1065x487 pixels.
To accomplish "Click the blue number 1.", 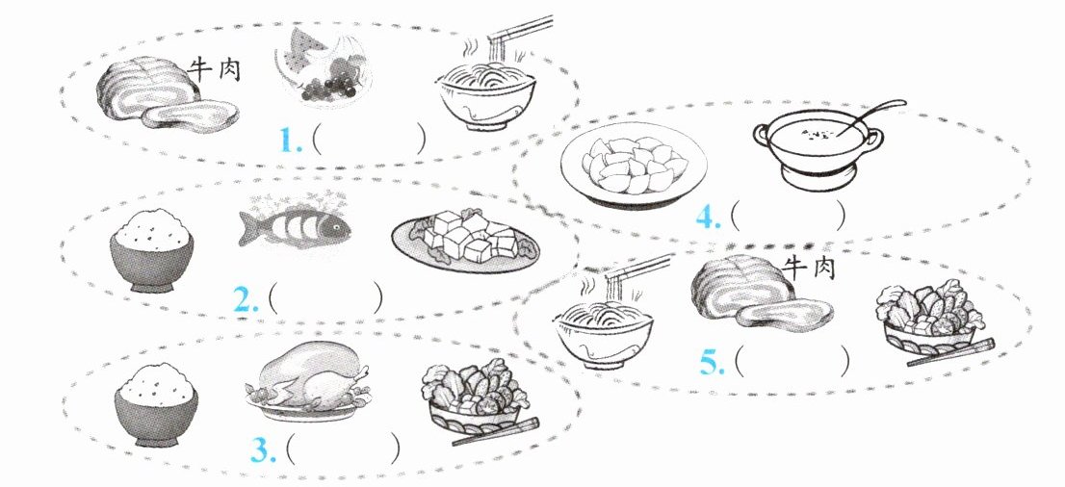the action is [291, 140].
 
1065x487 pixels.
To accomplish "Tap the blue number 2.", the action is [247, 299].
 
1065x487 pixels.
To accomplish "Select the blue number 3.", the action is [263, 449].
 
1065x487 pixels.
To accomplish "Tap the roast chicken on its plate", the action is [308, 380].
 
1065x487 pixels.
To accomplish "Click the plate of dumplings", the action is [634, 165].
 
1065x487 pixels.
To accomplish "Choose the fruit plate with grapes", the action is [324, 68].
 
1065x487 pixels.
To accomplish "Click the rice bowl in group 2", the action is [152, 250].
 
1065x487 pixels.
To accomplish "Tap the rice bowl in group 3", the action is [156, 405].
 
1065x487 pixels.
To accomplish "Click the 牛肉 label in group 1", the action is [217, 70].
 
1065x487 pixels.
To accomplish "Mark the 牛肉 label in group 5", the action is [808, 268].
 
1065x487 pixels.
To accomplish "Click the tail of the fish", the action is [249, 227].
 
